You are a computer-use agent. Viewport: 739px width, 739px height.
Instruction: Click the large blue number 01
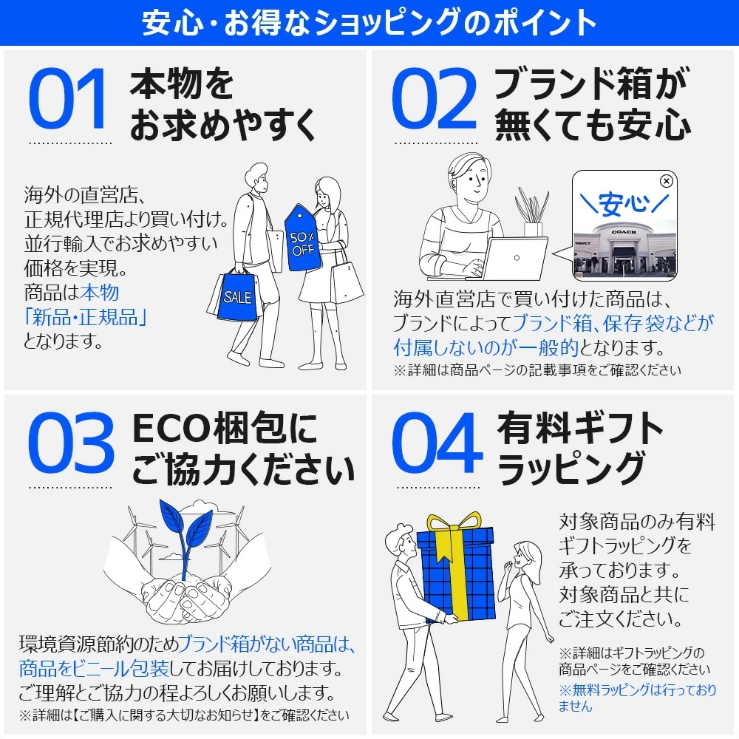point(68,100)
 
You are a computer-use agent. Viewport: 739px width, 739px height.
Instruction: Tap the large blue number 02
point(434,100)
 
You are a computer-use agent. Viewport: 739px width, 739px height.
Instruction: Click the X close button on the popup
point(666,180)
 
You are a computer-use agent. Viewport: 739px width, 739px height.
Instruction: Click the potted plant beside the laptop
point(532,211)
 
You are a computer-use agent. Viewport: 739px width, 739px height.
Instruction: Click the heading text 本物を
point(182,85)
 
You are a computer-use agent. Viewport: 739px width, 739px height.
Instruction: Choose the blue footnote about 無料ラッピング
point(637,698)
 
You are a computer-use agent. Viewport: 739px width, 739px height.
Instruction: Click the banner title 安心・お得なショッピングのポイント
point(369,23)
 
